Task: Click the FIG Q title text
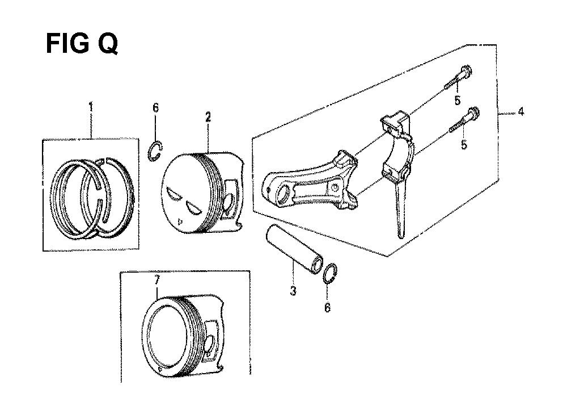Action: (x=82, y=44)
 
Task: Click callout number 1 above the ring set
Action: (x=91, y=107)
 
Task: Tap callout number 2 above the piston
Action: (x=208, y=117)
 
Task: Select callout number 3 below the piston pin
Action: (x=293, y=291)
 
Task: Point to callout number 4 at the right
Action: (x=521, y=111)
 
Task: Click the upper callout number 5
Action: (x=458, y=101)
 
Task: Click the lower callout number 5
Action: (x=464, y=144)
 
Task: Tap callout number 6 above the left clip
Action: (x=155, y=107)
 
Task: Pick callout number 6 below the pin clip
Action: (x=327, y=307)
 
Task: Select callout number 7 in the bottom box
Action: (x=156, y=281)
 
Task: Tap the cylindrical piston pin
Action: (x=294, y=249)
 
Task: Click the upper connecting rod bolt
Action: (x=458, y=77)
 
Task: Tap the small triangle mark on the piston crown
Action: (x=180, y=221)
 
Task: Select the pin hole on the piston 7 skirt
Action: (x=209, y=345)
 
